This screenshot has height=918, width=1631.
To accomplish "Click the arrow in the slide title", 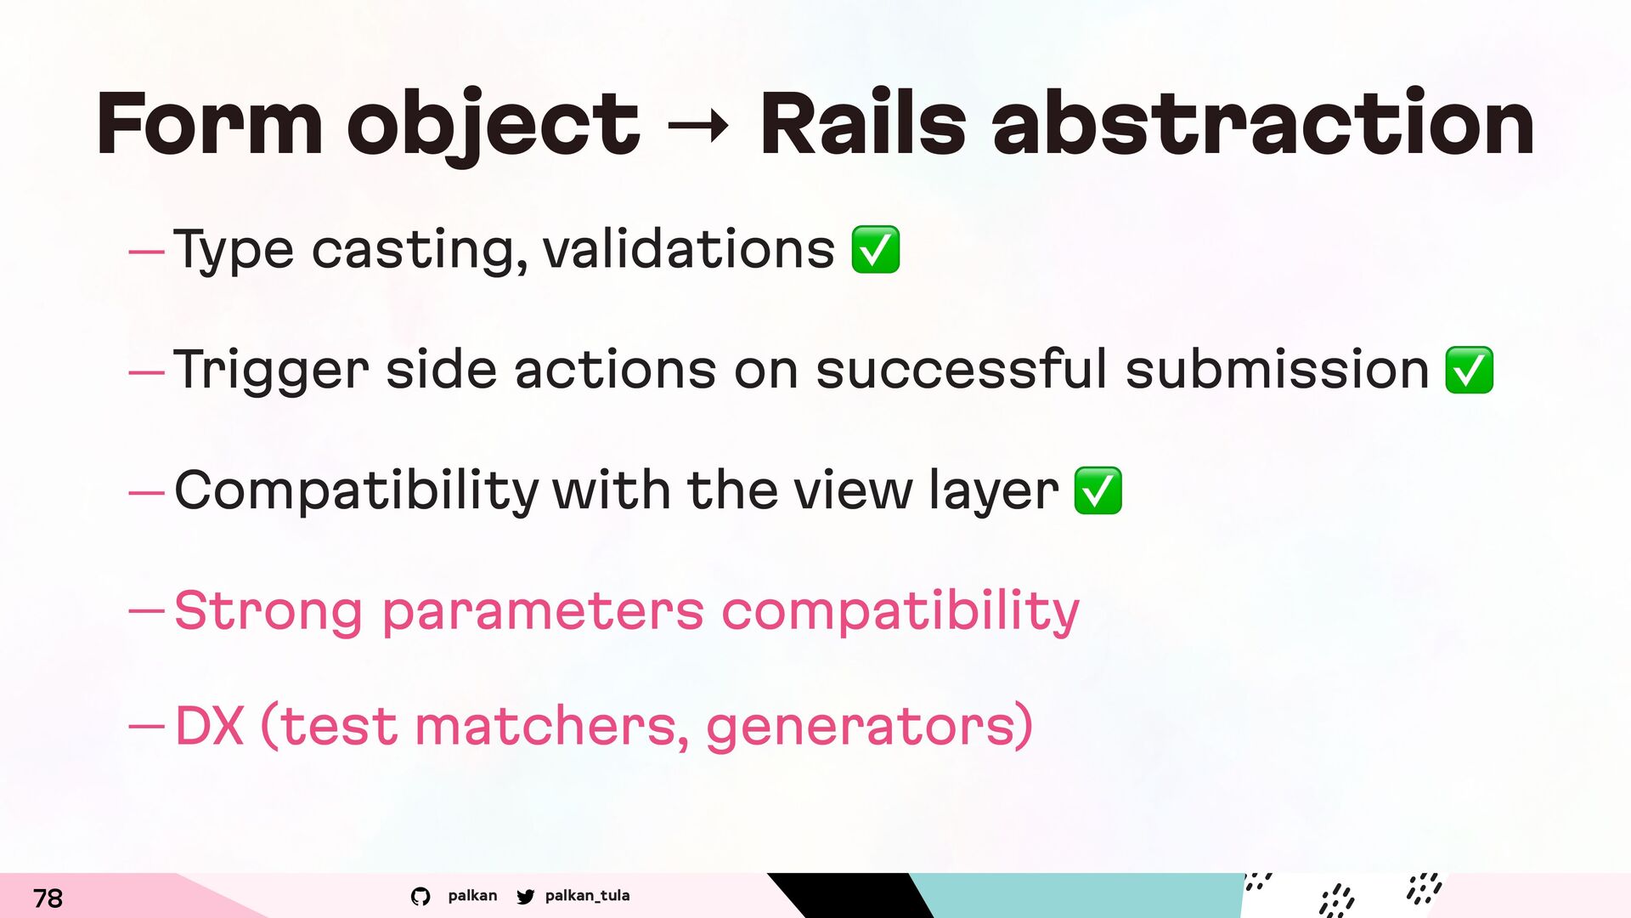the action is pos(698,127).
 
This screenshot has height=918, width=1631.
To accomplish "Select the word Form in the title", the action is pos(209,124).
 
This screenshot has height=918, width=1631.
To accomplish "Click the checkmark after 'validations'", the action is pos(876,250).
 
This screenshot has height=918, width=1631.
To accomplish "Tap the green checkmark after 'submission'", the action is pos(1470,371).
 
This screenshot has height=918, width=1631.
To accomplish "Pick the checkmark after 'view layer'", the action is pos(1098,491).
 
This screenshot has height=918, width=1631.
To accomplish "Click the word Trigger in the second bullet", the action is pos(271,371).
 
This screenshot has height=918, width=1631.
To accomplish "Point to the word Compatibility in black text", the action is pos(356,491).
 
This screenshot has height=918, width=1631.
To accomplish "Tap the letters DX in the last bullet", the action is pos(209,725).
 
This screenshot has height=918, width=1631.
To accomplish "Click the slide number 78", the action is pos(48,898).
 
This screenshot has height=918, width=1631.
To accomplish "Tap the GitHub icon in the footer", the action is pos(420,897).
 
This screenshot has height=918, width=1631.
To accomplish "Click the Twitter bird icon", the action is pos(526,897).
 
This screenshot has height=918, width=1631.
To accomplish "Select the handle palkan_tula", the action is pos(587,896).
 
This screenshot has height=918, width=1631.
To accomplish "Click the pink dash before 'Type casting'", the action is pos(145,252).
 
